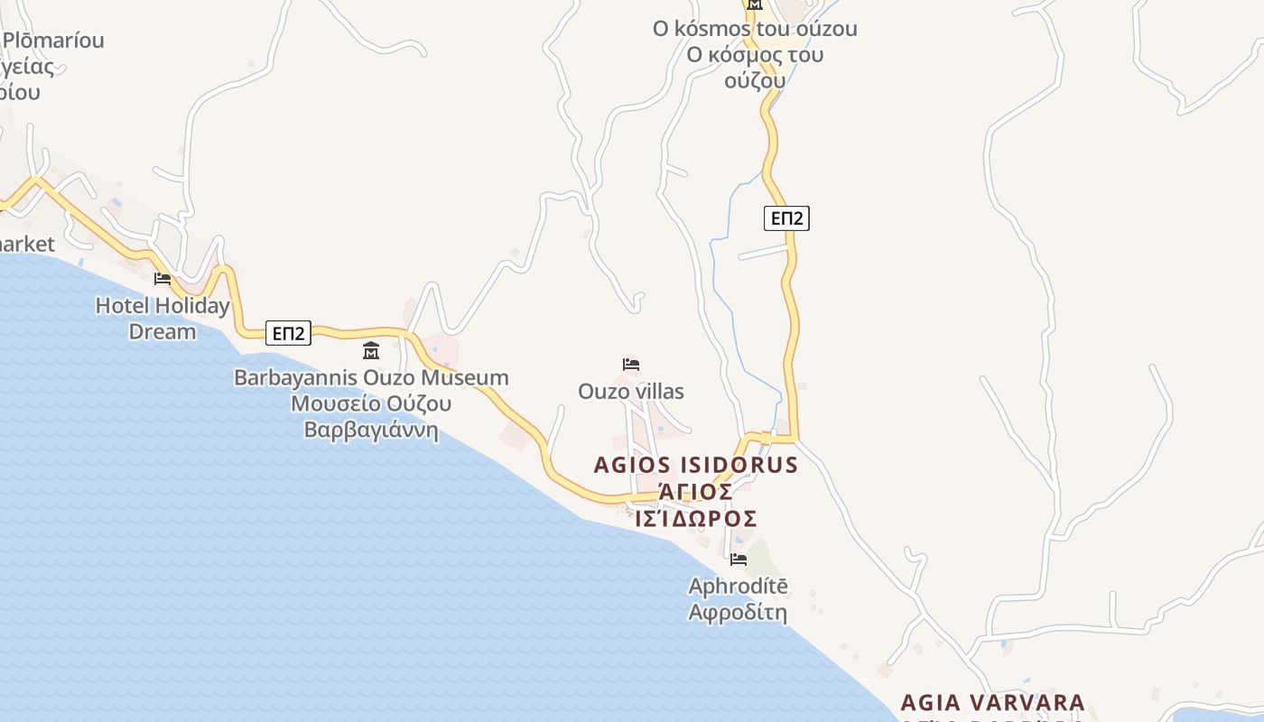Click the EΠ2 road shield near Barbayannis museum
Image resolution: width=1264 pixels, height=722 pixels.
click(x=288, y=333)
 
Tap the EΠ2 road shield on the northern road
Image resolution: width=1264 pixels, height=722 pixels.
click(x=785, y=218)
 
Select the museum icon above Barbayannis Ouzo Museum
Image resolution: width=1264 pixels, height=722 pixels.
click(x=370, y=351)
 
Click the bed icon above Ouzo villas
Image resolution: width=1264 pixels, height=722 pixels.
click(x=631, y=365)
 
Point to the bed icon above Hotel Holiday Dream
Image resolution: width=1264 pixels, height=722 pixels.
click(x=163, y=278)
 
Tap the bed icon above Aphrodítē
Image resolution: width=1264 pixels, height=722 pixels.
click(x=738, y=560)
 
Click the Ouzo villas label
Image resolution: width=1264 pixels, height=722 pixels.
click(x=631, y=392)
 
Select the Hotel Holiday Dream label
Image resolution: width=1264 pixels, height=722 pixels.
click(x=163, y=319)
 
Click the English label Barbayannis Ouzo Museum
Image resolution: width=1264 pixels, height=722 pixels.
click(x=371, y=377)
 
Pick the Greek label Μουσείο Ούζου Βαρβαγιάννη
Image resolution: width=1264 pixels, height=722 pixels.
click(x=371, y=416)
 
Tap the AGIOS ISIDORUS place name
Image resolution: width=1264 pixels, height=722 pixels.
click(x=696, y=465)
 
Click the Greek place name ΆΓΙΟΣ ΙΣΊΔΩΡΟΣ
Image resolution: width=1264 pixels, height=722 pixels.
click(x=696, y=505)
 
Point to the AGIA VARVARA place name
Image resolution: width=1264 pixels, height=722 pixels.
click(x=993, y=702)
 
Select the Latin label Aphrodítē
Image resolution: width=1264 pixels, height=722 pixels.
click(x=738, y=587)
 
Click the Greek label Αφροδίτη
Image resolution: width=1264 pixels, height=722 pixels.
click(x=738, y=613)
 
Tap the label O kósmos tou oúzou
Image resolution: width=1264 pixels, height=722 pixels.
click(x=755, y=29)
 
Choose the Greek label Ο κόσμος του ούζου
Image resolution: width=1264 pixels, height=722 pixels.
click(x=755, y=67)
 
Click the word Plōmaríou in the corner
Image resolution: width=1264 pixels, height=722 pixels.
click(x=53, y=41)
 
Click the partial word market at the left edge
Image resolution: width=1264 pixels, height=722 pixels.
click(x=27, y=244)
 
